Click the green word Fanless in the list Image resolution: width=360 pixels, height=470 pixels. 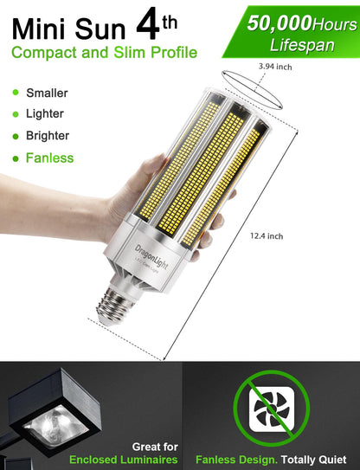pos(50,158)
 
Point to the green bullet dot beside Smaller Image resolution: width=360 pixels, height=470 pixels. pos(15,93)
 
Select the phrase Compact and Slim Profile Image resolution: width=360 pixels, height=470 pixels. pos(104,53)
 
